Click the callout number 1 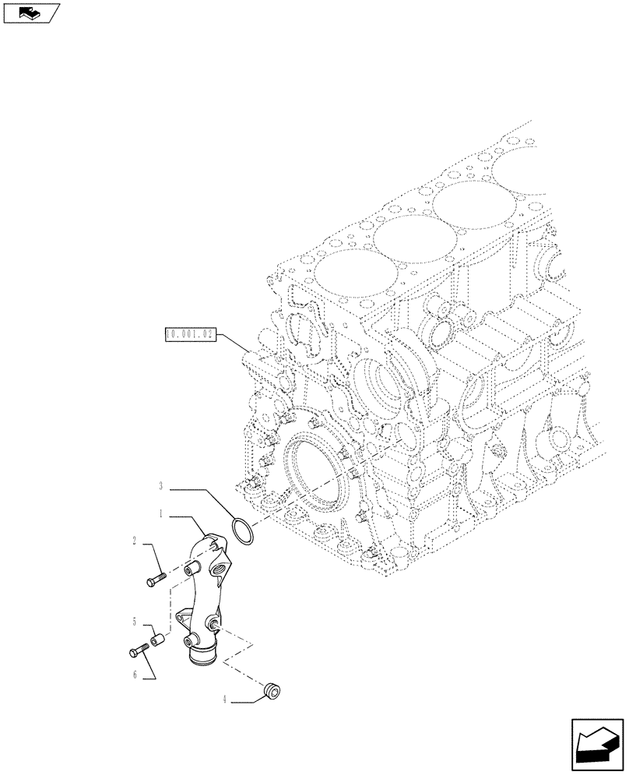click(x=160, y=515)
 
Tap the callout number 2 click(x=135, y=540)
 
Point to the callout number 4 click(x=226, y=700)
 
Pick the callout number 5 click(x=135, y=622)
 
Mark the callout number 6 click(x=135, y=675)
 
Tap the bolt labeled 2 click(x=155, y=579)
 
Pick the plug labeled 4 click(x=273, y=689)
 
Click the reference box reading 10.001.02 click(x=189, y=336)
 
